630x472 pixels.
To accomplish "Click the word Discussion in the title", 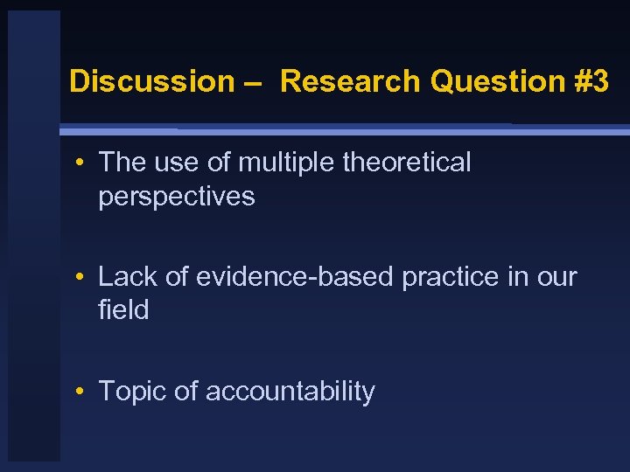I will tap(151, 81).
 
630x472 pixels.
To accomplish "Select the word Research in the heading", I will tap(351, 81).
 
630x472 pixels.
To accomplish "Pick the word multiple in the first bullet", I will tap(279, 163).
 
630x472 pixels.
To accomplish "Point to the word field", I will tap(123, 310).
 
